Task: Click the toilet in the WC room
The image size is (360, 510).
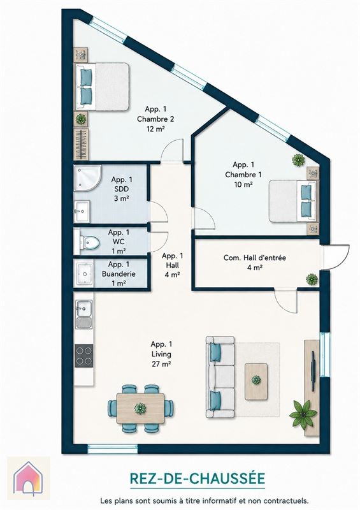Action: (87, 242)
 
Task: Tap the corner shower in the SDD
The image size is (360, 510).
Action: (87, 178)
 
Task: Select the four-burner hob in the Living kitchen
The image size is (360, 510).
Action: (84, 356)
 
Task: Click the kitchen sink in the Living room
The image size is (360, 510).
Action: (84, 314)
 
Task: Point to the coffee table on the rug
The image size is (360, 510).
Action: (256, 381)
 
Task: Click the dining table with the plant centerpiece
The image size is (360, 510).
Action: (140, 409)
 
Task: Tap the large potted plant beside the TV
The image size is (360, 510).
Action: (303, 414)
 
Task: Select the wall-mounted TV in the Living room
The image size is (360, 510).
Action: (313, 371)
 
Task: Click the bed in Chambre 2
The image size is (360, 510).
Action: (102, 87)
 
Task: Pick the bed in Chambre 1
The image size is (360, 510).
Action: (292, 201)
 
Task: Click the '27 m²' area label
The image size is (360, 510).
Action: (161, 364)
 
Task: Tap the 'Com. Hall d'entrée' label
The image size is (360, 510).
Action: (255, 258)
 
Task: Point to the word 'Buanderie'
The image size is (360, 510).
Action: (119, 274)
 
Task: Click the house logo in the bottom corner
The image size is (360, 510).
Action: (28, 477)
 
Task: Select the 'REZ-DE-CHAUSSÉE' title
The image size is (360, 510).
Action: (198, 479)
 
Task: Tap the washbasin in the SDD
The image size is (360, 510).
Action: (82, 212)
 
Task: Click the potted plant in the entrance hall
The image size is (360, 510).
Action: (312, 279)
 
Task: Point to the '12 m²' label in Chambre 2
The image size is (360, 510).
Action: (155, 129)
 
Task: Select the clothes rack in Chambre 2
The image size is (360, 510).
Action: (81, 144)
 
